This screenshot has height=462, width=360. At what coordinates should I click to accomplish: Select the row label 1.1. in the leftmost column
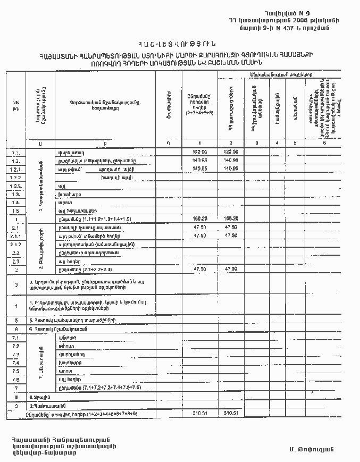click(16, 153)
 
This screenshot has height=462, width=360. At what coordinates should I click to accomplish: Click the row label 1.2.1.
click(16, 169)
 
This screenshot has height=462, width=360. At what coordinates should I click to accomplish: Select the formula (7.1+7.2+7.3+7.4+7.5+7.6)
click(113, 387)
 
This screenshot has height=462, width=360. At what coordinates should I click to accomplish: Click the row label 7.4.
click(16, 363)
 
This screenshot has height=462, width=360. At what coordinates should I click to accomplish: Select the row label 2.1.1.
click(16, 236)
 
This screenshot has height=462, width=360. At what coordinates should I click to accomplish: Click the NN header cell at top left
click(16, 105)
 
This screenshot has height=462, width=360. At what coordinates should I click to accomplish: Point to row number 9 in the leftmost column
click(16, 405)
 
